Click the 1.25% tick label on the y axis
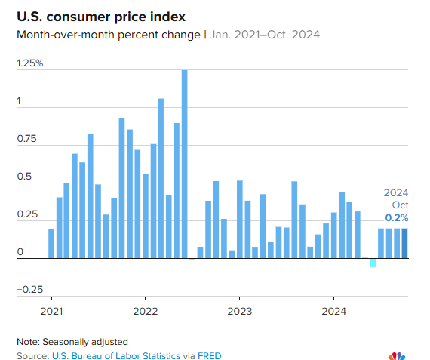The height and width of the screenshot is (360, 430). (x=30, y=63)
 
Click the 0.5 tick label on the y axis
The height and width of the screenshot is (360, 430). (x=25, y=177)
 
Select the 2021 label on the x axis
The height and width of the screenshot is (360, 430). (x=51, y=311)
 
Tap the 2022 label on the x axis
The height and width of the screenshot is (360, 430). (x=145, y=311)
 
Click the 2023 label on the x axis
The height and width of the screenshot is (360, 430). (x=239, y=311)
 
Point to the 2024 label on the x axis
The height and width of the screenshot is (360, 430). (x=333, y=311)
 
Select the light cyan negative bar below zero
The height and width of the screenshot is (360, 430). (x=373, y=262)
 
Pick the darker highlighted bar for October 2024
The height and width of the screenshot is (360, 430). (x=405, y=243)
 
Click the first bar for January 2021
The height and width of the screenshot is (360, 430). (x=51, y=243)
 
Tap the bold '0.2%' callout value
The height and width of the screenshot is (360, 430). (x=397, y=218)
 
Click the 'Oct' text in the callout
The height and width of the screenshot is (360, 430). (x=399, y=205)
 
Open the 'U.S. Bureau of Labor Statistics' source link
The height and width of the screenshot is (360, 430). (x=116, y=355)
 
